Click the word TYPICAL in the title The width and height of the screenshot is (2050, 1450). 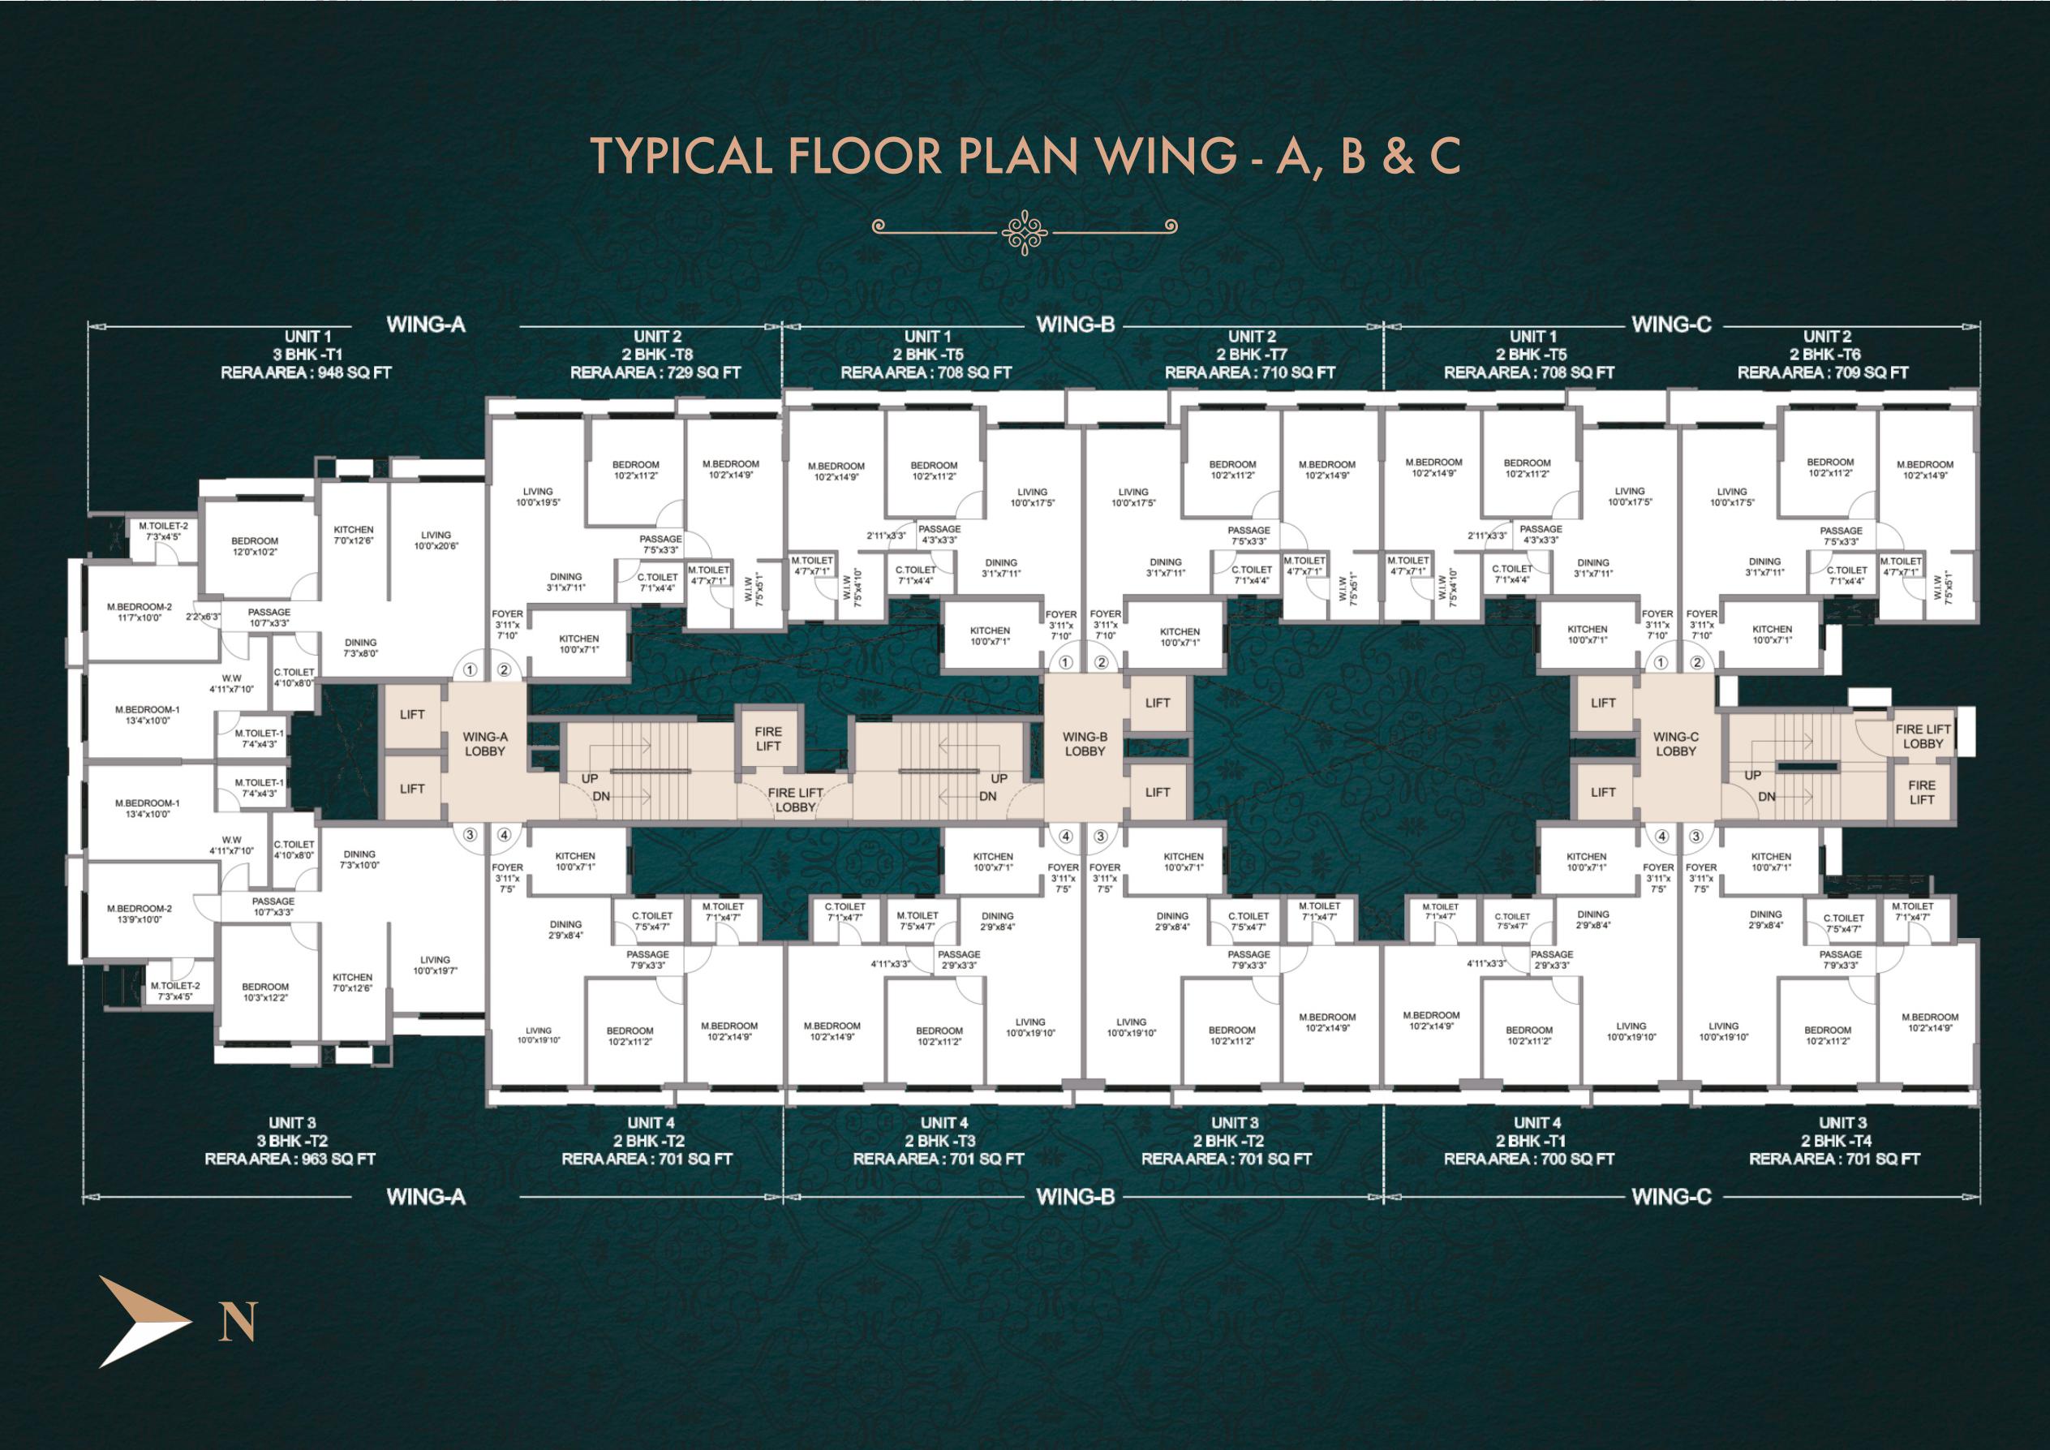[681, 157]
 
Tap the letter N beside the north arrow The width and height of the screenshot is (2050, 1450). [238, 1322]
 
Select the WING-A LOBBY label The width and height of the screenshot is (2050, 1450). [485, 744]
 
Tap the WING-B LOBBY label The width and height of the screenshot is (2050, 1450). [1085, 744]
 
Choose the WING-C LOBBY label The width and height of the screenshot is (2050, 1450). [1675, 744]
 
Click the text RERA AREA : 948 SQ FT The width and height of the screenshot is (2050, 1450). [307, 372]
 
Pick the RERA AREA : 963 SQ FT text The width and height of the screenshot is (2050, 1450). [290, 1159]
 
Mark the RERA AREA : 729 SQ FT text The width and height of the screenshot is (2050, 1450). [655, 372]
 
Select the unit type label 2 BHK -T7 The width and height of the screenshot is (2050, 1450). [1252, 355]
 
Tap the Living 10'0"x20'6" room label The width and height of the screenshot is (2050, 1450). [436, 540]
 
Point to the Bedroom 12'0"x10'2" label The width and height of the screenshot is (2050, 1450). [255, 546]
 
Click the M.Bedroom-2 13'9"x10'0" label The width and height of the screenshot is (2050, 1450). [139, 914]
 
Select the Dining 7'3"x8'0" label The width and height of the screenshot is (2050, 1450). [361, 648]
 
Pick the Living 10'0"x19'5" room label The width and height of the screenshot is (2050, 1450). [538, 497]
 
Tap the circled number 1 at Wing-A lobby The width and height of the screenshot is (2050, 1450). [470, 669]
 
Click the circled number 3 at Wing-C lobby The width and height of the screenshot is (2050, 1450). [1695, 837]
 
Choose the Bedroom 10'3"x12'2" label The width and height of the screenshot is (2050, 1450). [265, 992]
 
